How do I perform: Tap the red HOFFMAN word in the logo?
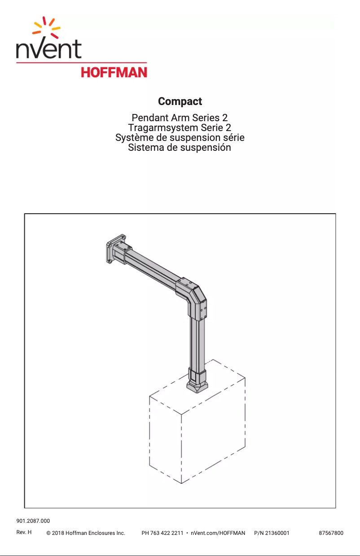(114, 72)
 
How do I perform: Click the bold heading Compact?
(180, 101)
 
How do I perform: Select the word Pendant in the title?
(149, 118)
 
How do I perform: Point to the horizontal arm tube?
(153, 269)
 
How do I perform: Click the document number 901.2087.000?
(33, 521)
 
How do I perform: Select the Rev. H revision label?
(24, 533)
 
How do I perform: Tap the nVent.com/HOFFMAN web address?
(218, 533)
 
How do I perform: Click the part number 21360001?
(277, 533)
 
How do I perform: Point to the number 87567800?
(331, 533)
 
